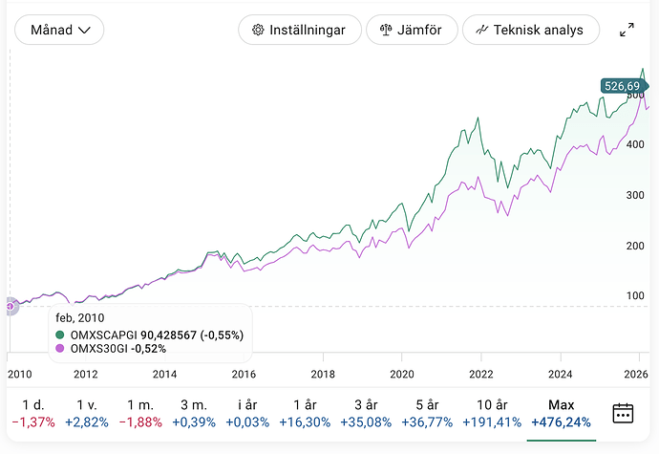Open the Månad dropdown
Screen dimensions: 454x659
(x=59, y=30)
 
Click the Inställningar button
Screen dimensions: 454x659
(x=299, y=30)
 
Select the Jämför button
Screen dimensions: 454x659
(x=411, y=30)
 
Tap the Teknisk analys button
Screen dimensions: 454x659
(x=530, y=30)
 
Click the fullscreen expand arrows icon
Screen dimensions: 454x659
(x=627, y=30)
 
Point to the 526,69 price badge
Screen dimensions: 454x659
(x=622, y=86)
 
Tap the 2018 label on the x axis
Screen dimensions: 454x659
(x=323, y=375)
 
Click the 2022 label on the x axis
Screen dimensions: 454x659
(x=480, y=375)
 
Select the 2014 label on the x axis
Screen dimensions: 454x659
(x=165, y=375)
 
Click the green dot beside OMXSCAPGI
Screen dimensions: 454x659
(x=61, y=335)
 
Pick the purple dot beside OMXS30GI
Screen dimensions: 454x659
(x=61, y=349)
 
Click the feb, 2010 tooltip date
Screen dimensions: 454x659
(x=79, y=318)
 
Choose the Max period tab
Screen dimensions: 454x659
(x=561, y=412)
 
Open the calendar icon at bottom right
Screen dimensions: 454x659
(x=623, y=413)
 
